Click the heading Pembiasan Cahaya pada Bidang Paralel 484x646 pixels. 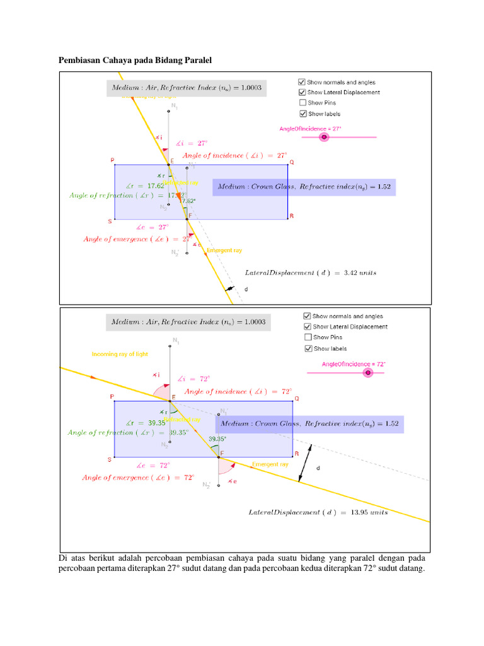(136, 61)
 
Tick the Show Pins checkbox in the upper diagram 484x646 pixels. (303, 103)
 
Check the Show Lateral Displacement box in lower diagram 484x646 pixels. (308, 327)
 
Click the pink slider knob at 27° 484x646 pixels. (324, 136)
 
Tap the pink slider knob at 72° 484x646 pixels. (368, 372)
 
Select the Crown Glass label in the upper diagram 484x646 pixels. (304, 187)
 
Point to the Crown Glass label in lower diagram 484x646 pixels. (309, 424)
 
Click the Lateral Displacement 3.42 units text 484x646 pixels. (311, 273)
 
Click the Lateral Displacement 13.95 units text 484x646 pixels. (318, 512)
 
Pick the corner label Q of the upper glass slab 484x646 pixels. (292, 162)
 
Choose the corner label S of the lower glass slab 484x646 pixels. (110, 459)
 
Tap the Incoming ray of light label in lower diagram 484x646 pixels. (120, 354)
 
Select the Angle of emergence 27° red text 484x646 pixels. (137, 239)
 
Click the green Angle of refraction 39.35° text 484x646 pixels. (129, 433)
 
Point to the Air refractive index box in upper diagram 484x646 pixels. (186, 88)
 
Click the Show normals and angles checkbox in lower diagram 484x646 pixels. (308, 316)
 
